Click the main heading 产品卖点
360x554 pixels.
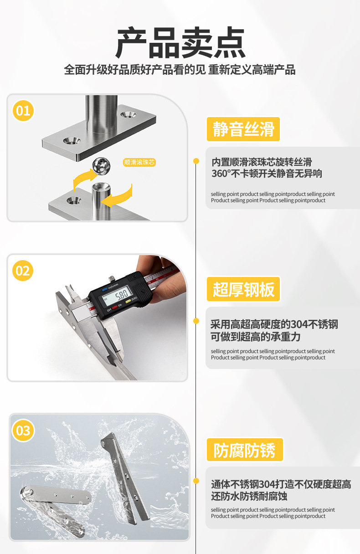180,42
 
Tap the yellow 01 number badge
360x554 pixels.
23,111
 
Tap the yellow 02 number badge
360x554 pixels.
23,271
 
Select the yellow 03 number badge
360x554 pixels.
23,431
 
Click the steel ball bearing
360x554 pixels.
101,166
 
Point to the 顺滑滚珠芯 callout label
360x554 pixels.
139,162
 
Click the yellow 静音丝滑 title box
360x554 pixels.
243,129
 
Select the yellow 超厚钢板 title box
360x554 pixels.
243,289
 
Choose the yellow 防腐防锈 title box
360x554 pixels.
245,450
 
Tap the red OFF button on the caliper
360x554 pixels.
115,308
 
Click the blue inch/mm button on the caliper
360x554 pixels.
105,289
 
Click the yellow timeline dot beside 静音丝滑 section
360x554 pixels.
196,161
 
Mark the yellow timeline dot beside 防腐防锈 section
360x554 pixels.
196,481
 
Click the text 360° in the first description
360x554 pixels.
221,174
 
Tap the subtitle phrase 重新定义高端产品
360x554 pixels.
252,70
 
